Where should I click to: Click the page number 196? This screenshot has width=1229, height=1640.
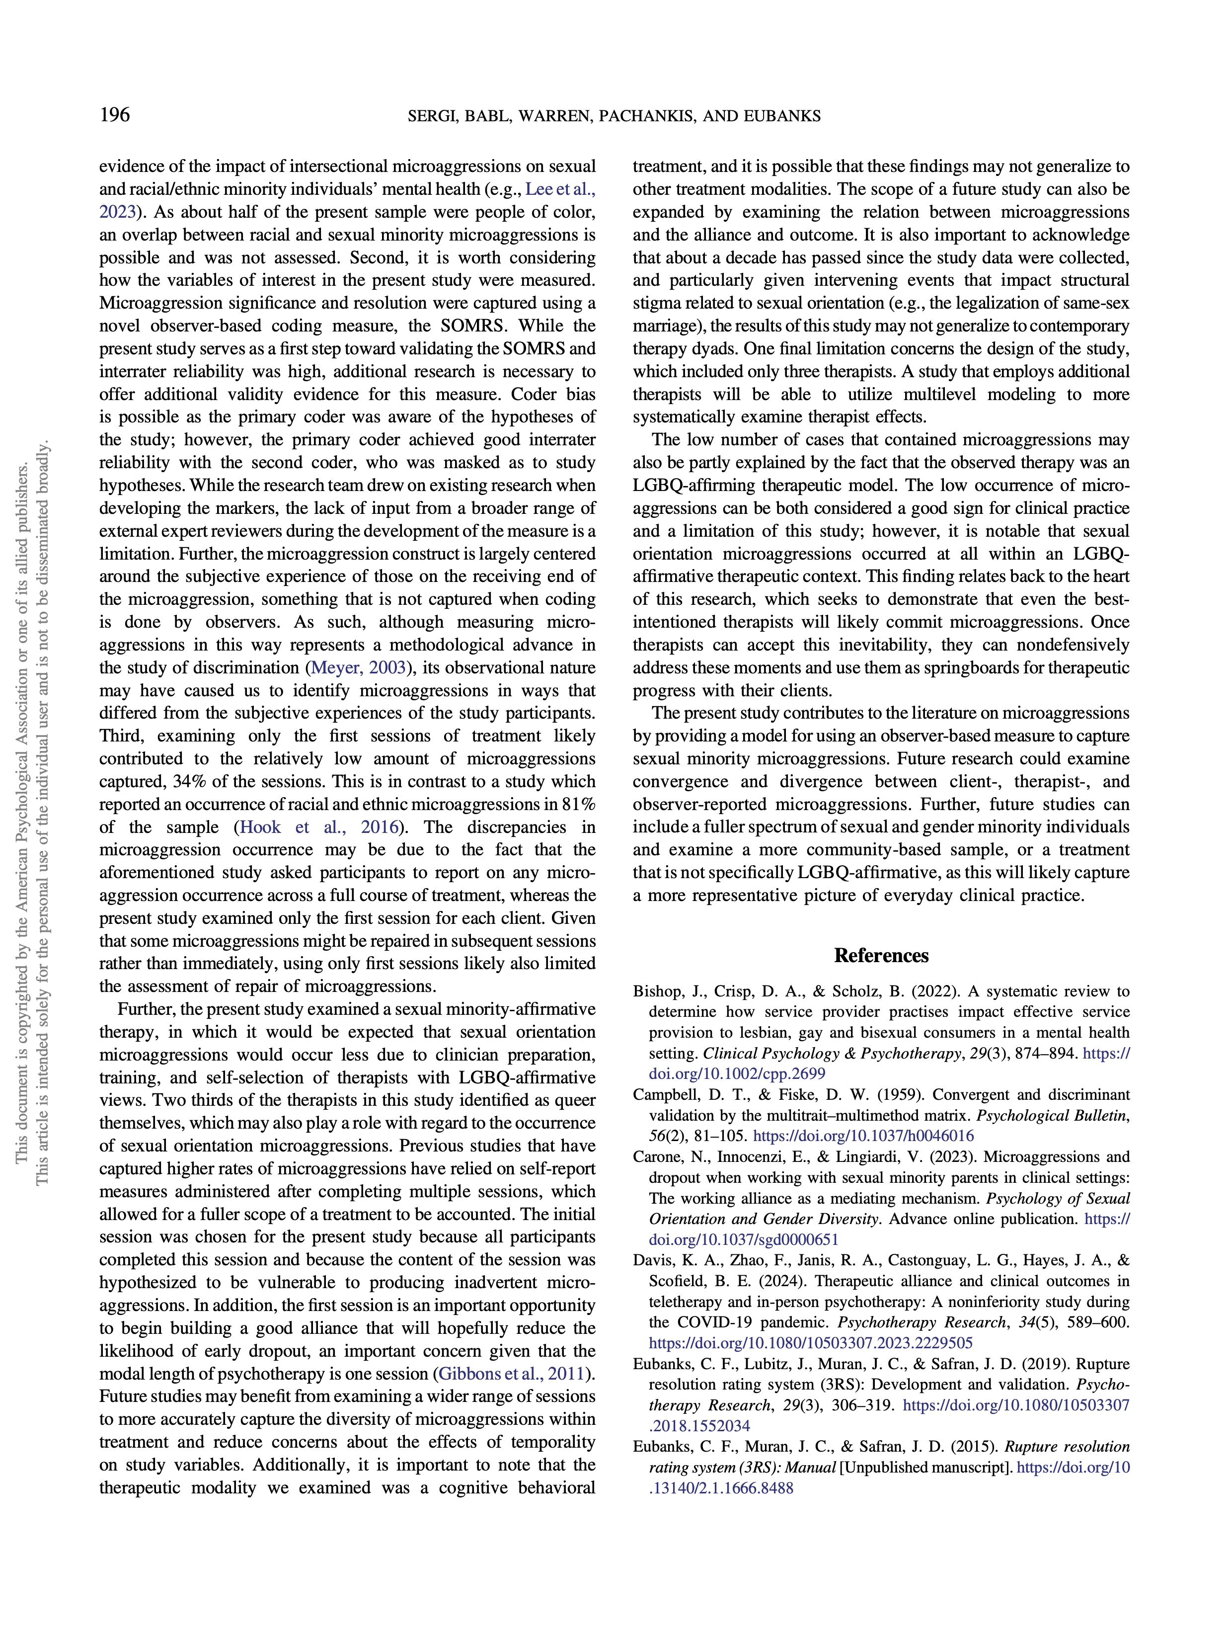point(114,115)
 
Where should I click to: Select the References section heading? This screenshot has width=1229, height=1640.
point(881,955)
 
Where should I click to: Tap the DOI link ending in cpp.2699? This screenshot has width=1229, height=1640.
point(737,1073)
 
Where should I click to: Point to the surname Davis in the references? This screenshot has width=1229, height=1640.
point(651,1260)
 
